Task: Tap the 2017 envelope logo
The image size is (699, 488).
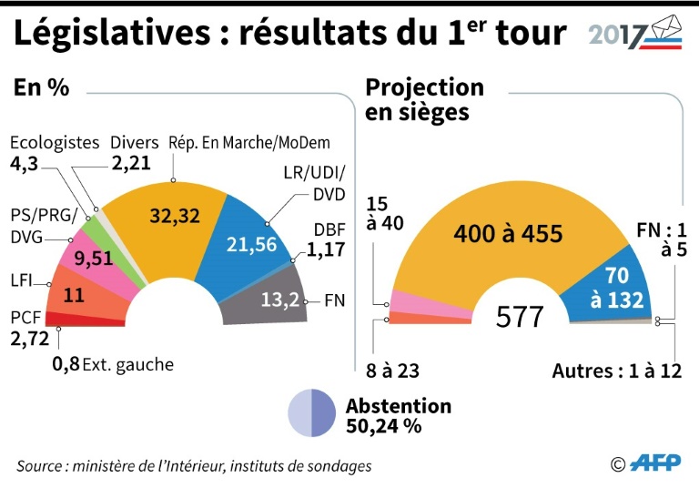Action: point(632,33)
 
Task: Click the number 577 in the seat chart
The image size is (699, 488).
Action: point(520,318)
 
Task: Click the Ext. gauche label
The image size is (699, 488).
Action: point(127,365)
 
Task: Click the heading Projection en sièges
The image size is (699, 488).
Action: point(424,99)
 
